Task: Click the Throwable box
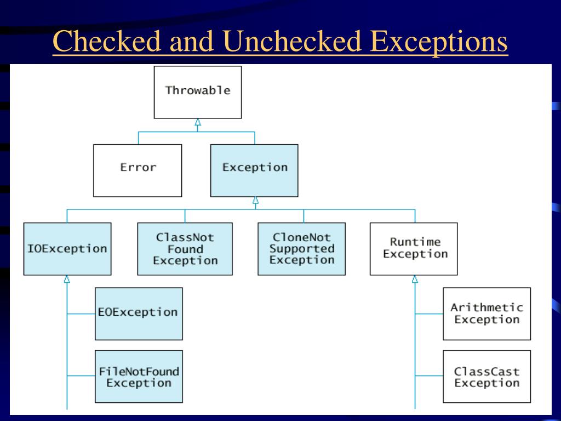(197, 92)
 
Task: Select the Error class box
(138, 170)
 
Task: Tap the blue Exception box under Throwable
(254, 170)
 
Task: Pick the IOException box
(67, 248)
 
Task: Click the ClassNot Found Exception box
(185, 248)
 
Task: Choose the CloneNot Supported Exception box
(301, 248)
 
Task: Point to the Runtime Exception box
(414, 248)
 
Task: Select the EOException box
(138, 314)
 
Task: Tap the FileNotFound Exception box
(138, 377)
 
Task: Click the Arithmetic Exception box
(486, 314)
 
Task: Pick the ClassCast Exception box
(486, 377)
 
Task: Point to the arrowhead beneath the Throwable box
(198, 123)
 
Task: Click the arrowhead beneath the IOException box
(67, 280)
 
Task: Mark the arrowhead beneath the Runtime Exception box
(415, 280)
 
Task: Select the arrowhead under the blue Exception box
(255, 201)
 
